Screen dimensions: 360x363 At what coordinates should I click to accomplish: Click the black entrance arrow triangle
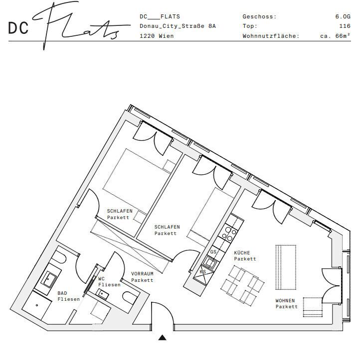tap(162, 338)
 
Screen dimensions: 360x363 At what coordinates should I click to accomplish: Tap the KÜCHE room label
tap(242, 252)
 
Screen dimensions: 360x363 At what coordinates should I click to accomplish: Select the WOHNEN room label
tap(285, 300)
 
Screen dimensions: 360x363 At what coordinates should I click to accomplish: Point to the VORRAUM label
tap(142, 274)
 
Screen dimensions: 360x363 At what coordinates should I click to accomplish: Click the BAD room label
tap(62, 293)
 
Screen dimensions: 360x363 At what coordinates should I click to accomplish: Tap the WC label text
tap(101, 279)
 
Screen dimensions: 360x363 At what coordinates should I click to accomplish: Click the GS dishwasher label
tap(213, 251)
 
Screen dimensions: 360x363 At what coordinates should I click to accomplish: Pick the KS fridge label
tap(203, 271)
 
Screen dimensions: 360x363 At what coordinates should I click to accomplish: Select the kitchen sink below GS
tap(210, 262)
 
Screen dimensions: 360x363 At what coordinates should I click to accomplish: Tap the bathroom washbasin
tap(49, 279)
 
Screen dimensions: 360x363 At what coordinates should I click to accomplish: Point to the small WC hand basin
tap(103, 294)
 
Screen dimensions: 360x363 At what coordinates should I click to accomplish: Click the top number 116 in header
tap(345, 26)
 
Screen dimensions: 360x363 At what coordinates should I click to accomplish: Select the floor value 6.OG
tap(343, 16)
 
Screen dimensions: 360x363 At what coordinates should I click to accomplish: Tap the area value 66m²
tap(343, 36)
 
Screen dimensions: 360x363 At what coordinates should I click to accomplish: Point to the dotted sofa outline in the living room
tap(286, 267)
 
